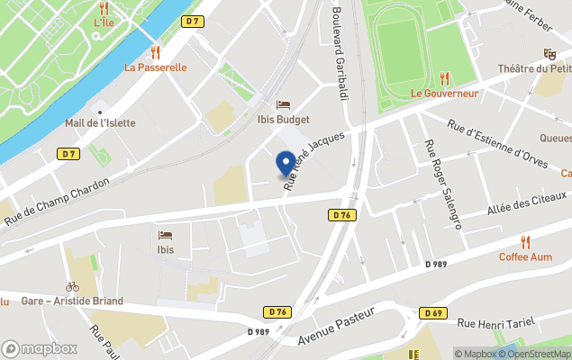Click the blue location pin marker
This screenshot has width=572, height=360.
coord(286,164)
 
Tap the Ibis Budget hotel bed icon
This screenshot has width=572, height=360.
coord(283,105)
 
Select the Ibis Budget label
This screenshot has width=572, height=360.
coord(283,120)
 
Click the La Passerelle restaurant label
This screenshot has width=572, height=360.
coord(155,67)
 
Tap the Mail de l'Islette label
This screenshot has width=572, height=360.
coord(100,123)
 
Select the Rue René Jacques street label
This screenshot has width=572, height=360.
coord(314,163)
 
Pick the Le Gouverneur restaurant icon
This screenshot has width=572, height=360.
coord(444,79)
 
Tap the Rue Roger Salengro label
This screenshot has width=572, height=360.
coord(443,184)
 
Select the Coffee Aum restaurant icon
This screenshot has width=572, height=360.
coord(525,242)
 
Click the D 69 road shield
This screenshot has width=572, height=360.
coord(432,312)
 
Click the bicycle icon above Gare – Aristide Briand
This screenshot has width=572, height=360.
coord(72,287)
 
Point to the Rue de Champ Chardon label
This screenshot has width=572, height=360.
coord(55,202)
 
